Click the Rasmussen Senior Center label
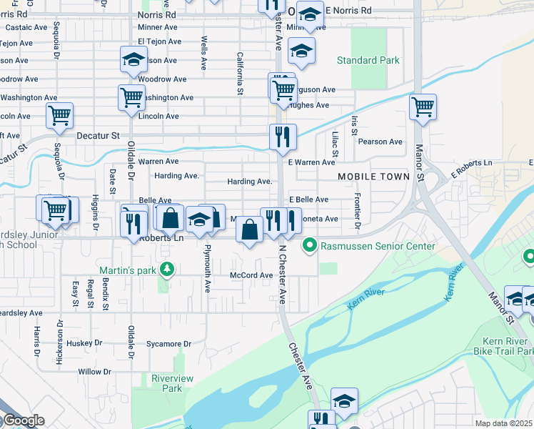(x=378, y=246)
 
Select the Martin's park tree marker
(x=167, y=269)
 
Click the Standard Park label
(x=368, y=61)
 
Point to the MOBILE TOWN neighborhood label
(x=374, y=176)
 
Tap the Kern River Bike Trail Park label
(x=503, y=346)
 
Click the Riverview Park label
(x=167, y=383)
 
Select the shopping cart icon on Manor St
(x=423, y=107)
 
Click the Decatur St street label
(x=95, y=134)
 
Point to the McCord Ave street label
(x=251, y=275)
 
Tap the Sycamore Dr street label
(x=168, y=344)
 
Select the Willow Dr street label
(x=95, y=372)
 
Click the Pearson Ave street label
(x=381, y=142)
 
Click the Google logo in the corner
(x=23, y=420)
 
